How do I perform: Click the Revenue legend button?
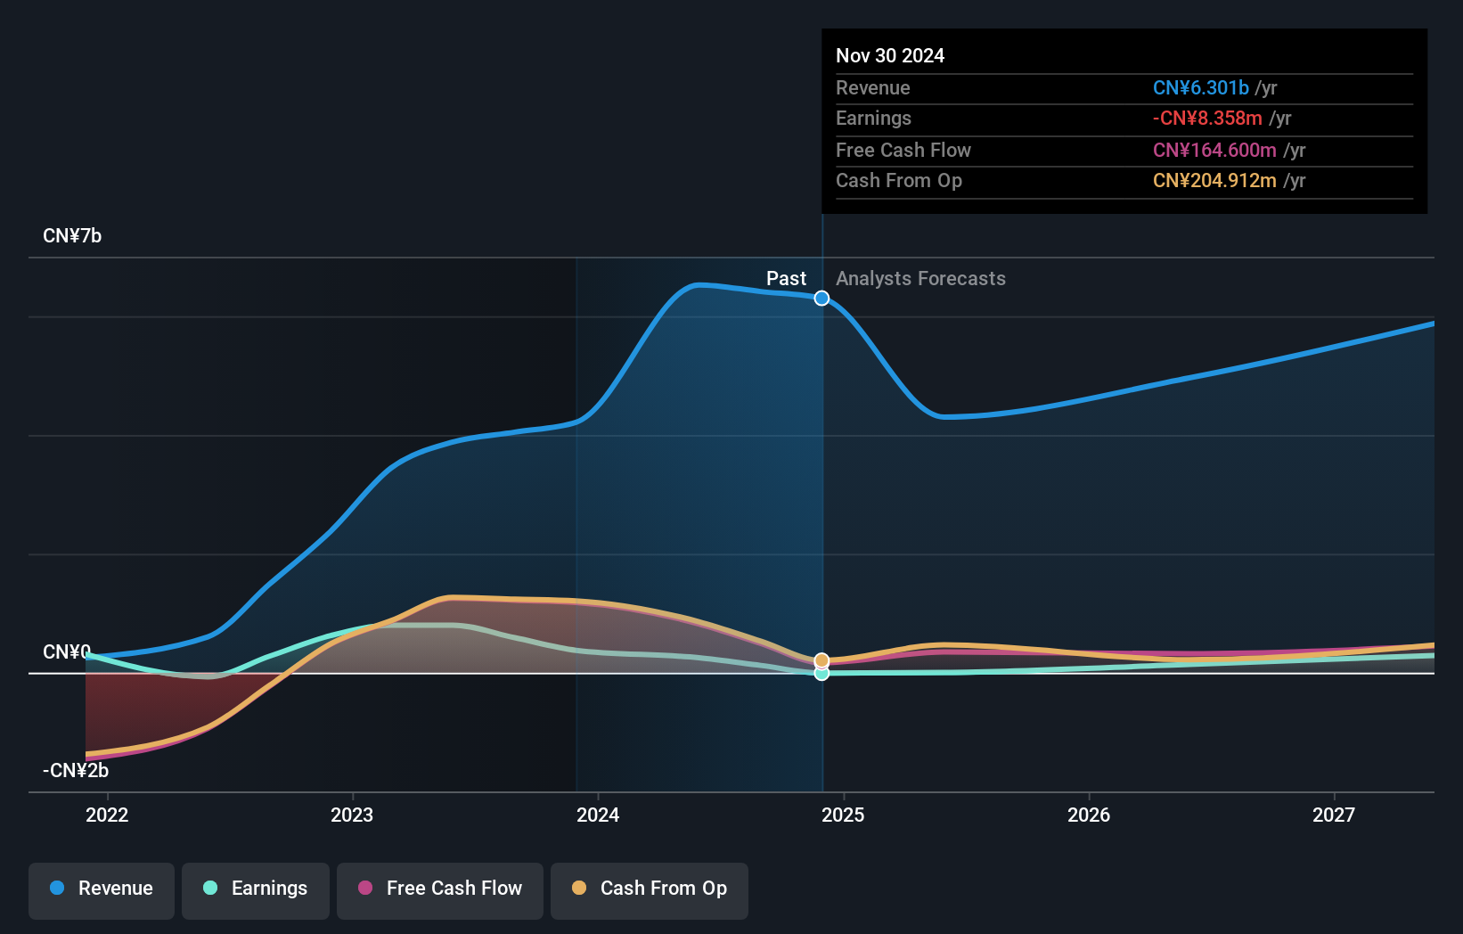coord(102,889)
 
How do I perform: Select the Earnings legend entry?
coord(256,889)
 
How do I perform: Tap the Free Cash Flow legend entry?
coord(440,889)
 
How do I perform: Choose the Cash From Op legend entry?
coord(650,889)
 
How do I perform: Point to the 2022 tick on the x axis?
coord(107,815)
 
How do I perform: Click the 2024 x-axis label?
coord(598,815)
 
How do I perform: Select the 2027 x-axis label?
coord(1334,815)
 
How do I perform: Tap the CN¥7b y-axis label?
coord(72,236)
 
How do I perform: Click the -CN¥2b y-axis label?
coord(76,770)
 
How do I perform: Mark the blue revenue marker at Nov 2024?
coord(821,298)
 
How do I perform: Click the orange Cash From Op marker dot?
coord(821,660)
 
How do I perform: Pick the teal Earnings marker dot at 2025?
coord(821,674)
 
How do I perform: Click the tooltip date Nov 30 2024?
coord(890,55)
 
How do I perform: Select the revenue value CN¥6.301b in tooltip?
coord(1200,87)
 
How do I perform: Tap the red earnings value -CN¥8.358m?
coord(1207,119)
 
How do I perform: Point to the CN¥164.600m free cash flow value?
coord(1214,150)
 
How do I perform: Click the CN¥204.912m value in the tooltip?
coord(1214,181)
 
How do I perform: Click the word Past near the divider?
coord(786,279)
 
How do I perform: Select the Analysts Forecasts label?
coord(920,279)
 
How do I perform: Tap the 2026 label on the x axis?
coord(1089,815)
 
